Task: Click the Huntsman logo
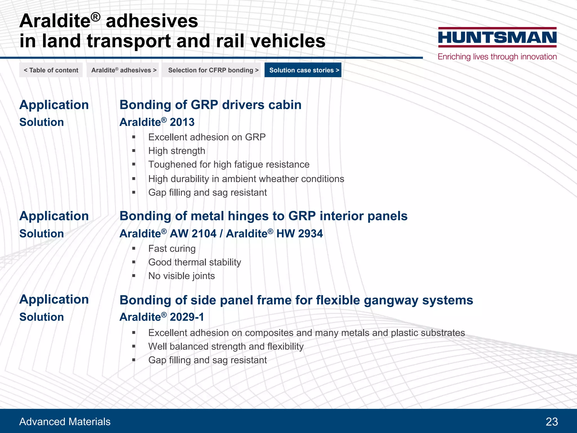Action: [x=497, y=37]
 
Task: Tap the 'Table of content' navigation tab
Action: [x=51, y=70]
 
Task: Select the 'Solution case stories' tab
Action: [x=303, y=70]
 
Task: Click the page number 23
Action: [x=552, y=422]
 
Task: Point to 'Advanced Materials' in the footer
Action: [x=65, y=422]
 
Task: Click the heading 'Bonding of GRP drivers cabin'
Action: [x=210, y=105]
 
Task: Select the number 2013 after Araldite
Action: [x=182, y=122]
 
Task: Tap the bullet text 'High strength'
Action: [x=177, y=151]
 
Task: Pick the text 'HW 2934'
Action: [x=299, y=234]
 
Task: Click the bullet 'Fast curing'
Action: [x=172, y=249]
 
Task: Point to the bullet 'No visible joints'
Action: [x=181, y=276]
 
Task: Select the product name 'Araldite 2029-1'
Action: [x=162, y=317]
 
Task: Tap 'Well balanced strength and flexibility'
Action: [x=226, y=346]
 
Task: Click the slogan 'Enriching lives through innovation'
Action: [x=497, y=57]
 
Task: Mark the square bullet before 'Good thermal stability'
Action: [x=134, y=262]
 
